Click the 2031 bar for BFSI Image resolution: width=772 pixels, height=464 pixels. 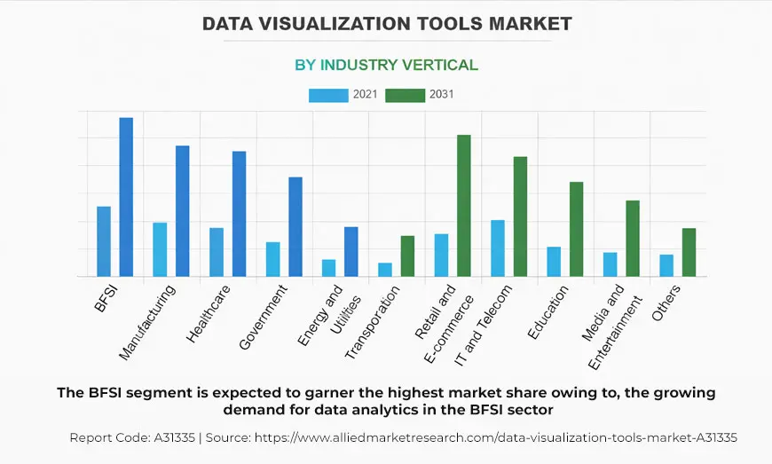click(126, 197)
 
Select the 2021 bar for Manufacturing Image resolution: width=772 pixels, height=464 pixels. click(160, 249)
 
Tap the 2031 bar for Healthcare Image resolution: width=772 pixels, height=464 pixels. click(239, 214)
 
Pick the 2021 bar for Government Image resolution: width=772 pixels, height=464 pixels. click(272, 259)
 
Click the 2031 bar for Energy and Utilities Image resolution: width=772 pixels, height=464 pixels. click(351, 252)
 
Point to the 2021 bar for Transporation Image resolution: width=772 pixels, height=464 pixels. click(385, 270)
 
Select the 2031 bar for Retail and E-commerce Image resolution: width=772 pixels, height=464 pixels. click(464, 206)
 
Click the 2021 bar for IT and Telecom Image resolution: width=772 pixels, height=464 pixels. click(498, 248)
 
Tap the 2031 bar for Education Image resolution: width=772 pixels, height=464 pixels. click(577, 229)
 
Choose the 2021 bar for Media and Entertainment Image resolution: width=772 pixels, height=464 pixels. click(611, 264)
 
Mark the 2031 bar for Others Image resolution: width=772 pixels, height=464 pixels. click(689, 253)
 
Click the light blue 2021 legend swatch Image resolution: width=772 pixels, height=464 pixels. click(327, 95)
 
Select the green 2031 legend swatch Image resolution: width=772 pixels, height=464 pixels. click(405, 95)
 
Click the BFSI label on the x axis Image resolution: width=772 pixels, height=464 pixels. click(106, 299)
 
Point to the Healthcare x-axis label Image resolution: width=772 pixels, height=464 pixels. click(209, 313)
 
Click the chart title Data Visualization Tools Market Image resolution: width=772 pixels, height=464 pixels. click(386, 24)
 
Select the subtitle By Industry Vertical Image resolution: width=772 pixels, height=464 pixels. click(386, 65)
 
